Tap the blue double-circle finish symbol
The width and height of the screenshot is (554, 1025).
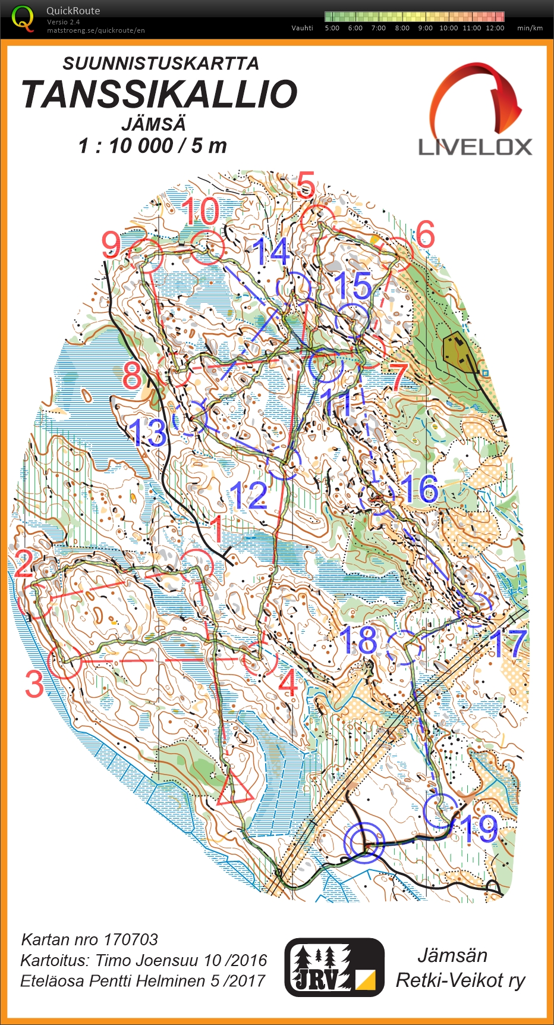coord(364,842)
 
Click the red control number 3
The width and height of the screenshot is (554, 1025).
coord(34,684)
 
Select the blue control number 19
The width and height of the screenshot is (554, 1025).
coord(479,828)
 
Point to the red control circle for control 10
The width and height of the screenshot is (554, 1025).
coord(206,247)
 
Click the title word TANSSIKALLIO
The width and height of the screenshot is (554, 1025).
coord(159,94)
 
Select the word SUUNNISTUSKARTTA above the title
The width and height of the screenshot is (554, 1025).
coord(160,64)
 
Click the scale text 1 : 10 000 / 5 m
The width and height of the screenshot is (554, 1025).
coord(153,146)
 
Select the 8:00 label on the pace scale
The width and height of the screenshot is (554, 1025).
coord(402,28)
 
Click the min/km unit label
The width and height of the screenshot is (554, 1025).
coord(530,28)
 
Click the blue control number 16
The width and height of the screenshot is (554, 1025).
coord(418,488)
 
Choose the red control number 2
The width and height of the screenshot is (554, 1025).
coord(24,563)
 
